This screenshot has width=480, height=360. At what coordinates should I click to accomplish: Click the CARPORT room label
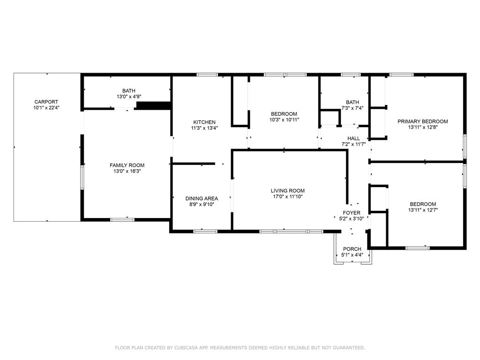(x=46, y=102)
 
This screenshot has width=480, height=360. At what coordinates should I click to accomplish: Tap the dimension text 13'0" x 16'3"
(x=127, y=171)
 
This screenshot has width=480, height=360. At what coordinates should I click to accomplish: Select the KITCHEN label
(x=204, y=122)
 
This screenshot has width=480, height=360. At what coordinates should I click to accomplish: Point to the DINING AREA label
(x=202, y=198)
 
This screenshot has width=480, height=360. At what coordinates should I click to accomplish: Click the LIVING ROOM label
(x=288, y=190)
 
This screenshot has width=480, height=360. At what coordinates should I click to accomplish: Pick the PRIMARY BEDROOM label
(x=423, y=121)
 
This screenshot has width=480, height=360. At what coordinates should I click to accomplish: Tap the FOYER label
(x=352, y=213)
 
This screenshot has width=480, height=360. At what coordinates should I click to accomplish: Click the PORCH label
(x=352, y=249)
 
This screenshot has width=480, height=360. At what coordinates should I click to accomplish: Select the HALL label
(x=353, y=138)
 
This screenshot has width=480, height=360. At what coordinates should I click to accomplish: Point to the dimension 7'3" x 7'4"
(x=352, y=108)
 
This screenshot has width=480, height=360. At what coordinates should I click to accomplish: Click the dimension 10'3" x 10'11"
(x=284, y=120)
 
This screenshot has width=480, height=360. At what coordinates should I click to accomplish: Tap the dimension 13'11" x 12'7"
(x=423, y=210)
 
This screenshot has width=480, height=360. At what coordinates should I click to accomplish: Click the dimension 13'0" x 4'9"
(x=129, y=97)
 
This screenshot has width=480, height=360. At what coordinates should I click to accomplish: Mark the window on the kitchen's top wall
(x=207, y=75)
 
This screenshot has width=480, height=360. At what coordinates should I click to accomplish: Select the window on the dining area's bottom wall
(x=205, y=232)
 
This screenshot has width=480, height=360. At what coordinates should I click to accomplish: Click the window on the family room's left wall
(x=82, y=177)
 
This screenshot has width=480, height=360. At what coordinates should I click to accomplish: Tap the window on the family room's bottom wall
(x=122, y=219)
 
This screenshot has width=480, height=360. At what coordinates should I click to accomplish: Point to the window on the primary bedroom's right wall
(x=465, y=146)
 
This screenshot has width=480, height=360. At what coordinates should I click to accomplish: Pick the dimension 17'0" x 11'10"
(x=288, y=196)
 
